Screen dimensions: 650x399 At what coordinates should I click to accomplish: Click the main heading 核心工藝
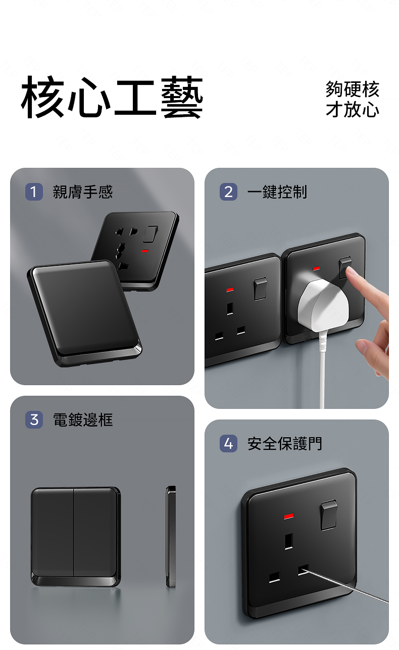click(112, 98)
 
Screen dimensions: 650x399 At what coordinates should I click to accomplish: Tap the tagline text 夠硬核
click(352, 89)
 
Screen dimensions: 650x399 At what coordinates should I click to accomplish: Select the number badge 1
click(34, 192)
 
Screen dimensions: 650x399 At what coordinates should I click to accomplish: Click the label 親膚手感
click(83, 192)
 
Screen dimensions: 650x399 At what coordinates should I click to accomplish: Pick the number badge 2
click(228, 192)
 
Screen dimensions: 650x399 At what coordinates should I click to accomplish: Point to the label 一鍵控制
click(277, 192)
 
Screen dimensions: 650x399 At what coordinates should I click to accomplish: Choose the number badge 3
click(34, 420)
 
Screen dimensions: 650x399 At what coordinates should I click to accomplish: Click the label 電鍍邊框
click(83, 420)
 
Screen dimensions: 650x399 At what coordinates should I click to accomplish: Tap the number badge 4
click(228, 444)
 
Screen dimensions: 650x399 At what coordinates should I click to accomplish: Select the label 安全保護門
click(284, 444)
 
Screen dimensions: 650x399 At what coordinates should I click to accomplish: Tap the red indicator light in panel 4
click(289, 516)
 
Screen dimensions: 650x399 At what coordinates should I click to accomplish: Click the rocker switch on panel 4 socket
click(329, 515)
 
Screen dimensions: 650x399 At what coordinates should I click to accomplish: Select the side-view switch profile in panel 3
click(171, 537)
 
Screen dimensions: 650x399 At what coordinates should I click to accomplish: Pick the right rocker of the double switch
click(96, 533)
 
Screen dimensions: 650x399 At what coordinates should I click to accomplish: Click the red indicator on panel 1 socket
click(145, 251)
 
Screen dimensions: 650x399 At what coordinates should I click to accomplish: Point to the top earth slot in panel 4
click(288, 541)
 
